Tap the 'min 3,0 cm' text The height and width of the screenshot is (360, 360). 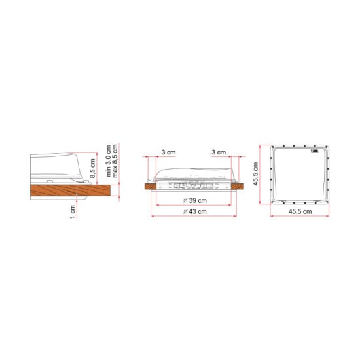coord(109,160)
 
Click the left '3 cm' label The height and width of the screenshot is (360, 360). coord(168,152)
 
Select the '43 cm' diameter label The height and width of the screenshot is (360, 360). coord(195,211)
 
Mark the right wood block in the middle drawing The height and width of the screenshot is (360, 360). coord(240,186)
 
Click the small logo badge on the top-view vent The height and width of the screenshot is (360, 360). coord(314,151)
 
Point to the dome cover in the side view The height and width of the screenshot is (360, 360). coord(59,165)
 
